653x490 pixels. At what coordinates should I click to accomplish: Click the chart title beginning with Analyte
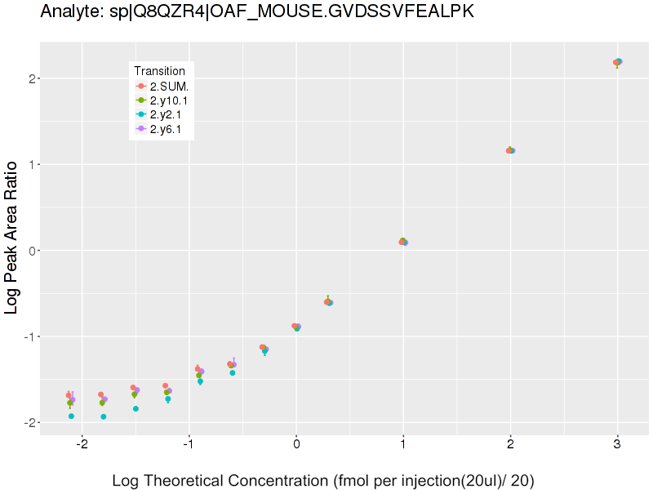click(x=256, y=12)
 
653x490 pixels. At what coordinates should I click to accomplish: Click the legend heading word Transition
click(x=165, y=70)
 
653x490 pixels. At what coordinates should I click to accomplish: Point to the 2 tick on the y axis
click(x=30, y=78)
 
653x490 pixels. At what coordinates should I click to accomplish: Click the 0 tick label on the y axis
click(x=30, y=251)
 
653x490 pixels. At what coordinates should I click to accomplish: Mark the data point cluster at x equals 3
click(x=618, y=62)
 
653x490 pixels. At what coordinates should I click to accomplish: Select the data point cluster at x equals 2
click(x=511, y=150)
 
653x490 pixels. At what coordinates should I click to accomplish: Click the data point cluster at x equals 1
click(x=403, y=242)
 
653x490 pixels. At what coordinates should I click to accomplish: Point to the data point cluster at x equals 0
click(x=296, y=327)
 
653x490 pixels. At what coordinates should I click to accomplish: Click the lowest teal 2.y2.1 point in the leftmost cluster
click(x=72, y=416)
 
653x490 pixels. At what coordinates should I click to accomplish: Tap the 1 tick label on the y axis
click(x=30, y=164)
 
